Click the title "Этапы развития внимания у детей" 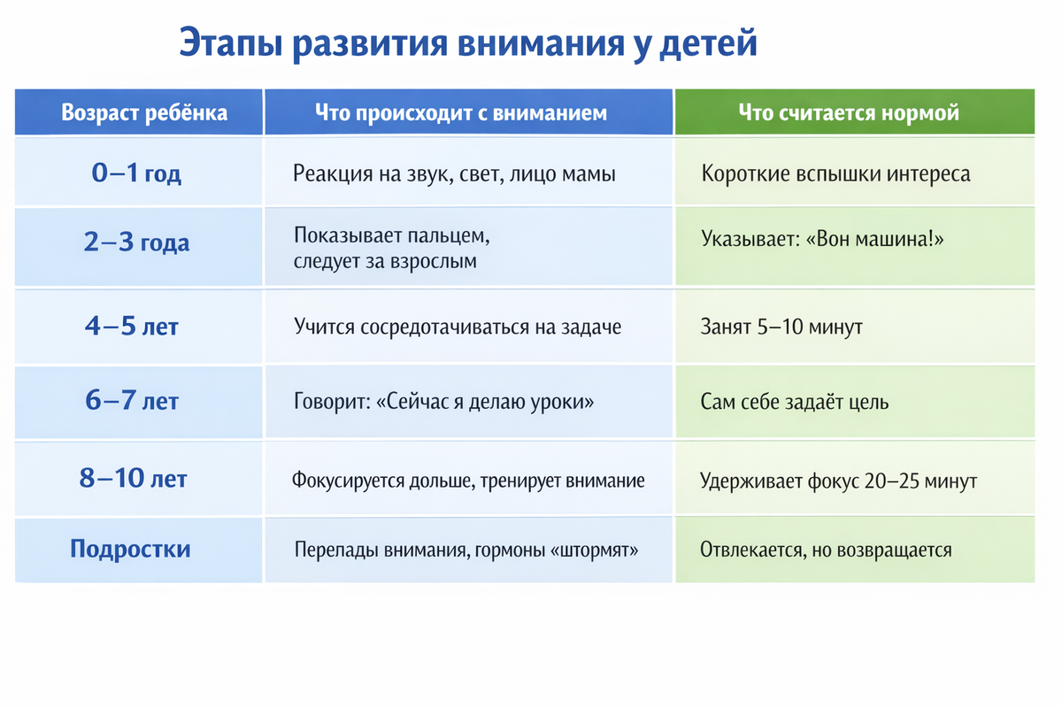pos(468,43)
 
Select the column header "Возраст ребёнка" pos(144,113)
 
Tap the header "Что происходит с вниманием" pos(461,113)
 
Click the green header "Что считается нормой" pos(849,113)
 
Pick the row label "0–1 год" pos(136,173)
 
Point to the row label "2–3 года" pos(136,242)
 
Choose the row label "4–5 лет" pos(132,327)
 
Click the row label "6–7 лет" pos(132,400)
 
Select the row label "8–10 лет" pos(134,478)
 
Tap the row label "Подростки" pos(130,549)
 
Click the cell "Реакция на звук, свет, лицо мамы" pos(454,173)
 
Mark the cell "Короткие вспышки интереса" pos(835,173)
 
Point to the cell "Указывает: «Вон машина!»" pos(822,239)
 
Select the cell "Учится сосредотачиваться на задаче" pos(458,327)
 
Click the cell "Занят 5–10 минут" pos(781,327)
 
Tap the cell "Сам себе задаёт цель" pos(795,402)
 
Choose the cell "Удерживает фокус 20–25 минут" pos(839,481)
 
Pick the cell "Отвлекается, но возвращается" pos(826,550)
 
